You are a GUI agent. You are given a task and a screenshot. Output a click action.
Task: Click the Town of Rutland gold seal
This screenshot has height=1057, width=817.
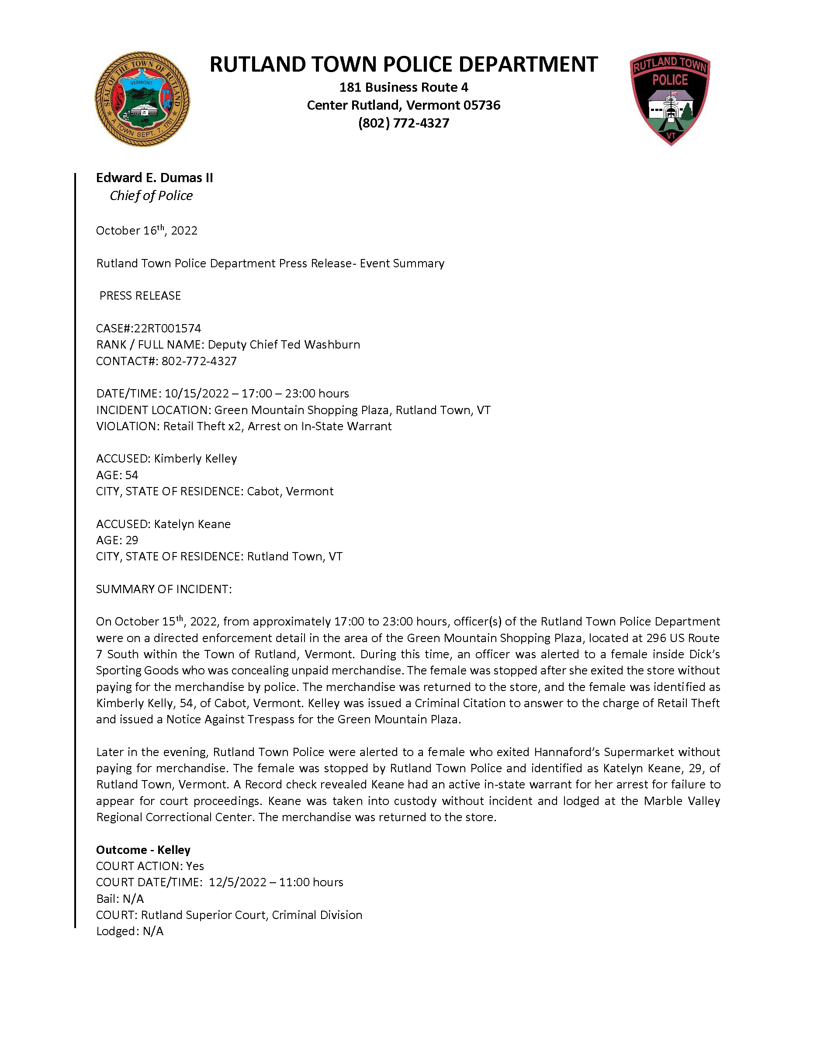click(142, 99)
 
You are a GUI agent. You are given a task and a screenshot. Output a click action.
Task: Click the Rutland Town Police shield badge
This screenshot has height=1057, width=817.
click(670, 98)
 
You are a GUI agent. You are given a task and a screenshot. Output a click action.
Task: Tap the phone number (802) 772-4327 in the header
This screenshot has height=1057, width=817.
click(404, 123)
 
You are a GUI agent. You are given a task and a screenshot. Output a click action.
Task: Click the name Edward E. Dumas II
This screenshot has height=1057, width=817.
click(154, 178)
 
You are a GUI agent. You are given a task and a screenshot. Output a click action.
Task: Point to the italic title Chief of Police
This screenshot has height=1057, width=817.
click(151, 196)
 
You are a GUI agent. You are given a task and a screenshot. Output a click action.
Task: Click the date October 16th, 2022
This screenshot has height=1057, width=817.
click(147, 230)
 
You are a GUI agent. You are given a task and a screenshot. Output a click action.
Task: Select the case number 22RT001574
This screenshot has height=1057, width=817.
click(167, 328)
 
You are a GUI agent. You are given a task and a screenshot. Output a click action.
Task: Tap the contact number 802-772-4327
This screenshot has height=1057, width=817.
click(199, 361)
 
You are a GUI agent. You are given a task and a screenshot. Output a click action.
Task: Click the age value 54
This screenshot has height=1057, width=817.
click(132, 475)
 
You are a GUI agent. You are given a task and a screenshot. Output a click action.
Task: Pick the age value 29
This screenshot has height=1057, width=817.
click(132, 540)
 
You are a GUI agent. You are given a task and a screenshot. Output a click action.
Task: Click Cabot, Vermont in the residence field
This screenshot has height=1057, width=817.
click(290, 491)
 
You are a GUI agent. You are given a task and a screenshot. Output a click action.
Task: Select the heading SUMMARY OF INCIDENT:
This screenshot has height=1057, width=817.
click(163, 589)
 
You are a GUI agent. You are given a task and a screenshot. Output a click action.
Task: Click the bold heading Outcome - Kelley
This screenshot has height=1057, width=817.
click(143, 850)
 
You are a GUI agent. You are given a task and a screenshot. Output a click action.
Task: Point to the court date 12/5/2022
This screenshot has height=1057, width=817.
click(238, 882)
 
